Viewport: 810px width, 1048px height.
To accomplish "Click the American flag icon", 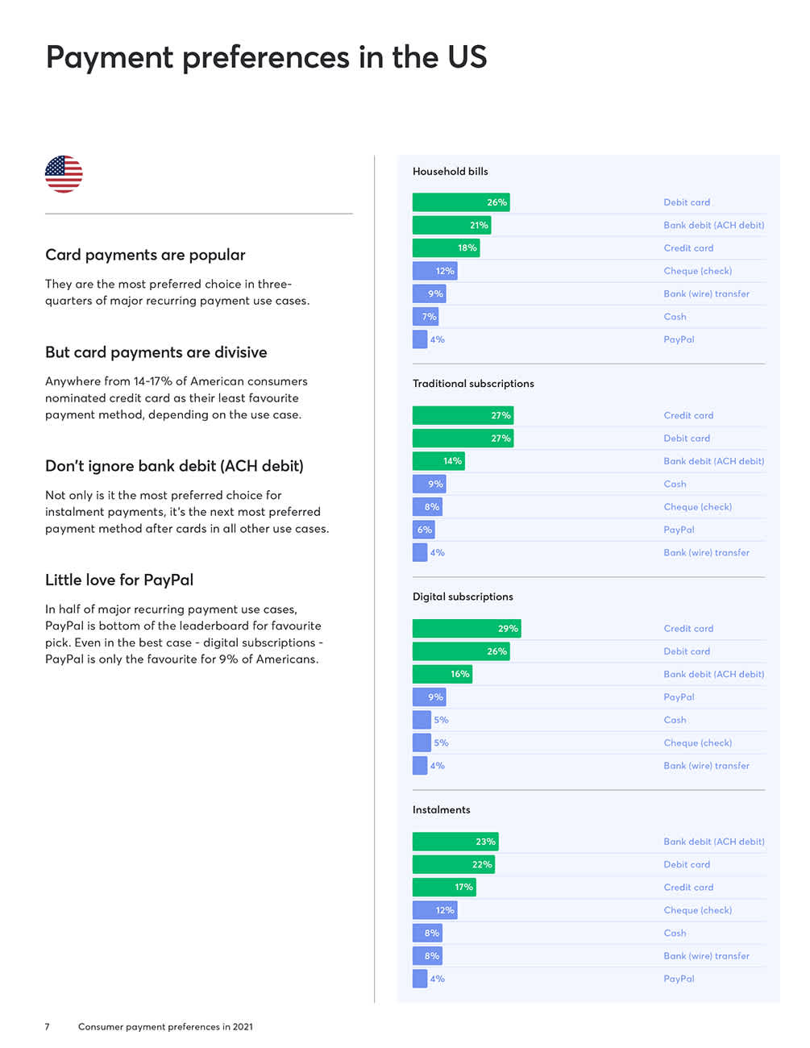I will click(x=64, y=174).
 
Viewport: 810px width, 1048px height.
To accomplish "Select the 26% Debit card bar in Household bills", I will click(x=460, y=202).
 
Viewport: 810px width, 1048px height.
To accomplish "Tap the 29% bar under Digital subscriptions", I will click(x=466, y=629).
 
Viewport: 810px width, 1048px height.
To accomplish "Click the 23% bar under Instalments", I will click(x=455, y=842).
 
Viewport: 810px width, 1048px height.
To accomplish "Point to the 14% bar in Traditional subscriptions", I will click(x=438, y=461).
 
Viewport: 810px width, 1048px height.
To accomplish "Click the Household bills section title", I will click(x=450, y=172).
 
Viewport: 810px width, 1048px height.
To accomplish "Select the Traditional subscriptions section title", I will click(x=473, y=384).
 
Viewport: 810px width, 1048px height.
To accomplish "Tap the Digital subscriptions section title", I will click(x=463, y=597).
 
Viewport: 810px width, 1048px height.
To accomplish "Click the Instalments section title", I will click(x=441, y=810).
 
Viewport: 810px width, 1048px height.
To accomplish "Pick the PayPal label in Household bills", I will click(x=679, y=339).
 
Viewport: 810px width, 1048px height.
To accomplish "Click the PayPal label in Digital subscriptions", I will click(x=679, y=697).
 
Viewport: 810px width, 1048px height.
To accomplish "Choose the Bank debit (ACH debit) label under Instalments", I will click(x=713, y=842).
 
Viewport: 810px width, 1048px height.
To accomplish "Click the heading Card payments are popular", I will click(x=145, y=255).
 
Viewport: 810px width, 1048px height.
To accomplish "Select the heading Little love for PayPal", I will click(x=119, y=580).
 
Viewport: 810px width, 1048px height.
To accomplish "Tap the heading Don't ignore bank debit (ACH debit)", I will click(x=174, y=466).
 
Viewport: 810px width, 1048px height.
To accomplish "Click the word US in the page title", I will click(x=467, y=57).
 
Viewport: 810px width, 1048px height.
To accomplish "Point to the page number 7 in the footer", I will click(x=47, y=1027).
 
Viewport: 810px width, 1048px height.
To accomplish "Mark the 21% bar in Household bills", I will click(x=451, y=226).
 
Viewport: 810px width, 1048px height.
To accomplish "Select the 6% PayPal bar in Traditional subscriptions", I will click(x=423, y=530).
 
